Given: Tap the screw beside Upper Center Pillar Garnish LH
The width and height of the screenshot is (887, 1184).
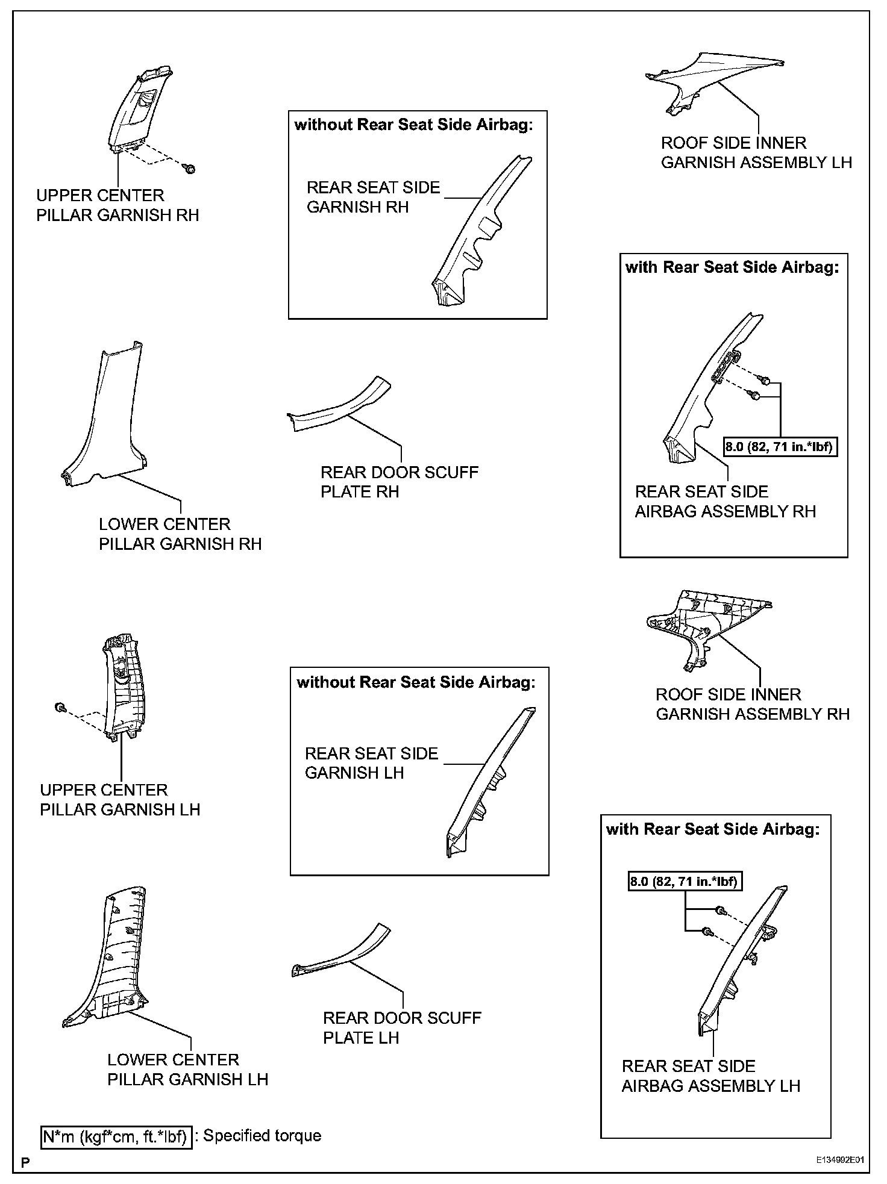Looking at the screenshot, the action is point(60,708).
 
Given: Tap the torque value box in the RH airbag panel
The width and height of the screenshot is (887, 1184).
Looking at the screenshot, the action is point(780,447).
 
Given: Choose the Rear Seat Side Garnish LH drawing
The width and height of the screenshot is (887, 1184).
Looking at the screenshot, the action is point(488,783).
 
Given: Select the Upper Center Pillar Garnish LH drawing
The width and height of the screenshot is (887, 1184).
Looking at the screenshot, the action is point(124,687).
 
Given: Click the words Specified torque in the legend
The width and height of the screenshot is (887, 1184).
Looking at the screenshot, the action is point(262,1136).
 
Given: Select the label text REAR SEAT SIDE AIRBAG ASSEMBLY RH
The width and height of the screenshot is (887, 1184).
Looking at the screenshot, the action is point(725,502).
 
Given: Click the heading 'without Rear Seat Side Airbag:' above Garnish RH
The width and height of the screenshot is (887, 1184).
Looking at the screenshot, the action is point(413,125).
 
